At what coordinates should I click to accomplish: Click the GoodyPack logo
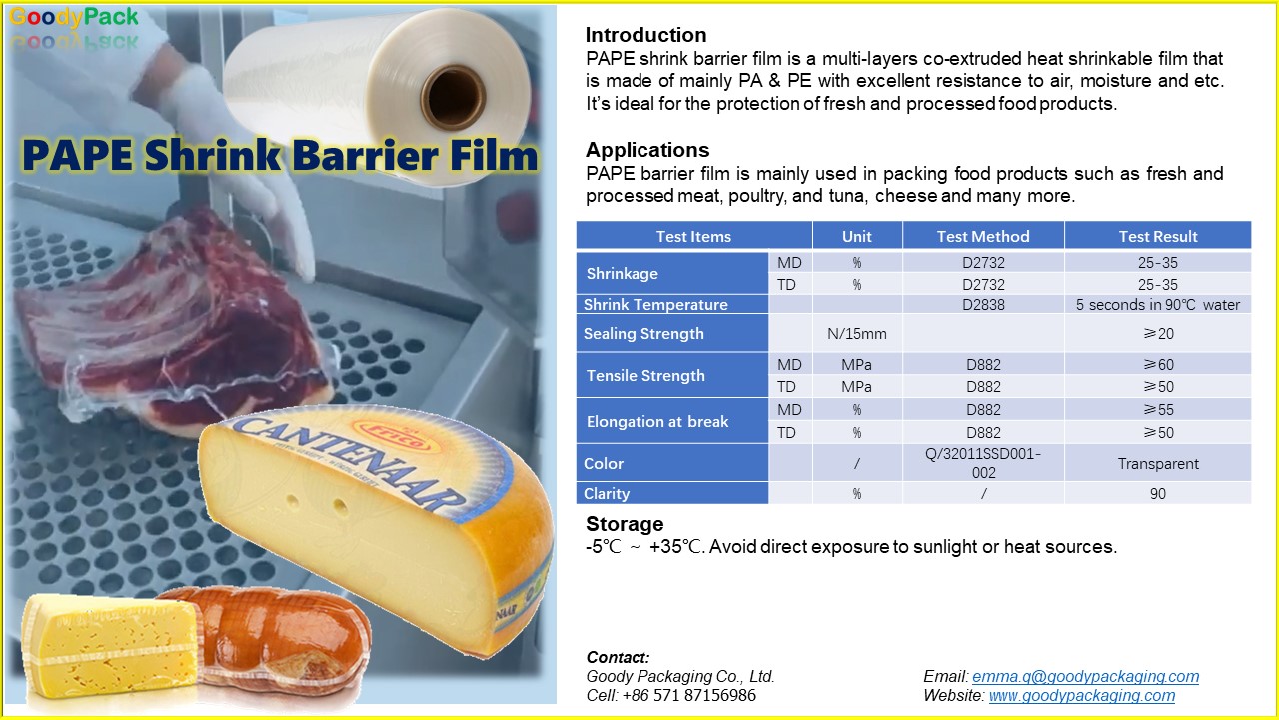pyautogui.click(x=74, y=17)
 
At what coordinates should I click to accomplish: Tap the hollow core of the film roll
pyautogui.click(x=455, y=96)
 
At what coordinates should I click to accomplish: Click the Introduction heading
pyautogui.click(x=645, y=35)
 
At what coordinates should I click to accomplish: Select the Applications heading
pyautogui.click(x=647, y=150)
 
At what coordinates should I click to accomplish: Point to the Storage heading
pyautogui.click(x=625, y=524)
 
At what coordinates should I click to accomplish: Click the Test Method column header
pyautogui.click(x=983, y=237)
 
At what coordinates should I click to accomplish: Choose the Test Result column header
pyautogui.click(x=1158, y=237)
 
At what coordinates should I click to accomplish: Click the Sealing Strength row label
pyautogui.click(x=643, y=334)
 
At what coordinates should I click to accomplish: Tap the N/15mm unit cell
pyautogui.click(x=857, y=334)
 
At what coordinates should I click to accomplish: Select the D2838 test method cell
pyautogui.click(x=983, y=305)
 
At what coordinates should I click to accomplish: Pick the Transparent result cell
pyautogui.click(x=1158, y=463)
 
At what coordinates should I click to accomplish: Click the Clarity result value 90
pyautogui.click(x=1158, y=494)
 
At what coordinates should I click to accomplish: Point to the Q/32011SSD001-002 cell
pyautogui.click(x=983, y=463)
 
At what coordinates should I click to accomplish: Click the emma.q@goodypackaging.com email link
pyautogui.click(x=1085, y=677)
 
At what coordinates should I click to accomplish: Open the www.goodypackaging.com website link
pyautogui.click(x=1082, y=695)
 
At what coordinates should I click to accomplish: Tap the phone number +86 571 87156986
pyautogui.click(x=689, y=695)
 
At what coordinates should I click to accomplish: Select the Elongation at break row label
pyautogui.click(x=657, y=422)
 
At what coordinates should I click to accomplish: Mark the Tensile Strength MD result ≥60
pyautogui.click(x=1158, y=365)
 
